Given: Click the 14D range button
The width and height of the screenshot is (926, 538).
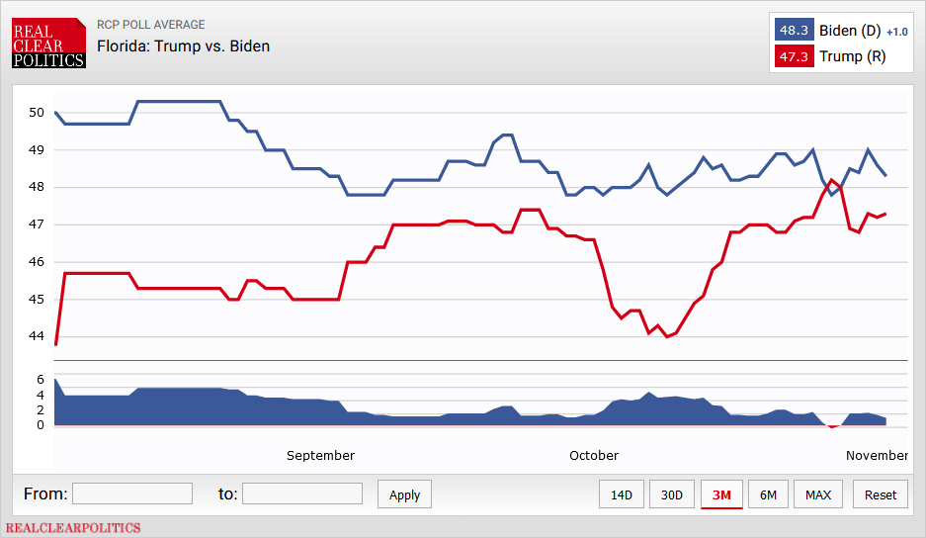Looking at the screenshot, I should coord(622,494).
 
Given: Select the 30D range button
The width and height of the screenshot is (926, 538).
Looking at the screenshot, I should coord(672,494).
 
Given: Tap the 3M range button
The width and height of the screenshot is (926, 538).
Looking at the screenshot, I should coord(721,494).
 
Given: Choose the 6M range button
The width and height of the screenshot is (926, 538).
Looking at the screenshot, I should coord(768,494).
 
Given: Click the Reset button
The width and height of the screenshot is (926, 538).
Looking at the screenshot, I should coord(881,494).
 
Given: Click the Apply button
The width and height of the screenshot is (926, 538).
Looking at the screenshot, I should coord(404,494).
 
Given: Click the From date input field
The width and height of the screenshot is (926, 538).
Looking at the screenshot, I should coord(132,493).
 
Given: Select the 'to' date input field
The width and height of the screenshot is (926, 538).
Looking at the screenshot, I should coord(302,493).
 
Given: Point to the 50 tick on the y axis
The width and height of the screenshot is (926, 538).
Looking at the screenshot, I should coord(37,113).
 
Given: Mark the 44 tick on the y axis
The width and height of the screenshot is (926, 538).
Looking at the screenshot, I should coord(37,336).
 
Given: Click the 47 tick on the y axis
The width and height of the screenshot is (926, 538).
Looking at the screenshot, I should coord(37,224).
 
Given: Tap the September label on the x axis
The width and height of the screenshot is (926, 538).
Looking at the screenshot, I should coord(320,456).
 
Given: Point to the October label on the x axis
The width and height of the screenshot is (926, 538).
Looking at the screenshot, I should coord(594,456).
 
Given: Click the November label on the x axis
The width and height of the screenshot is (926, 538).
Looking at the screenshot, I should coord(877,456).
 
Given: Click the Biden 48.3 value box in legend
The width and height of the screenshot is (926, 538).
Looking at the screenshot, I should coord(795,31).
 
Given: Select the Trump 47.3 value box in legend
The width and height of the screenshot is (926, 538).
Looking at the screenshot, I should coord(795,56).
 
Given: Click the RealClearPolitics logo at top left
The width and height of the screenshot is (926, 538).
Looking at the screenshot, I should coord(48,45).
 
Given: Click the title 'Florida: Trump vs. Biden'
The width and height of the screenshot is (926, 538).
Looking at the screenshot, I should coord(183,45).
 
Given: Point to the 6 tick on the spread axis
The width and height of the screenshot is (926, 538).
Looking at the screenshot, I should coord(41,380).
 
